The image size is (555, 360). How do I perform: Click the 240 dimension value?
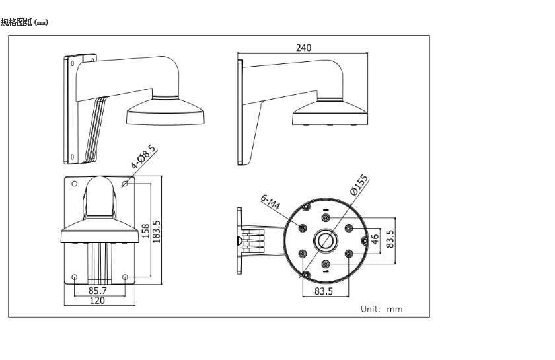click(303, 48)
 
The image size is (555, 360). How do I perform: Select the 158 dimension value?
click(145, 231)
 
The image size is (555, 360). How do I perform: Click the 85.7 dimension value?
click(98, 289)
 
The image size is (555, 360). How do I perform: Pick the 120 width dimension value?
click(98, 301)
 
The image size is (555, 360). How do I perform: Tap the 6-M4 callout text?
click(271, 202)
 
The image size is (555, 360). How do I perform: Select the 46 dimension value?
click(375, 240)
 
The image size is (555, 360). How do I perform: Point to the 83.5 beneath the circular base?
click(323, 290)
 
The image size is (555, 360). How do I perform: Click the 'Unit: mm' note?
click(381, 308)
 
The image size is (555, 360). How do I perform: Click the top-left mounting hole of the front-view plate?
click(74, 184)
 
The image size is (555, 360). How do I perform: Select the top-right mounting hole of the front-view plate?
click(126, 184)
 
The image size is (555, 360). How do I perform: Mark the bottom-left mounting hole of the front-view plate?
click(74, 277)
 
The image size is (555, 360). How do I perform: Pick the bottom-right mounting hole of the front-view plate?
click(126, 277)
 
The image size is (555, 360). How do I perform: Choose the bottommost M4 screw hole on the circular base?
click(326, 264)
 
